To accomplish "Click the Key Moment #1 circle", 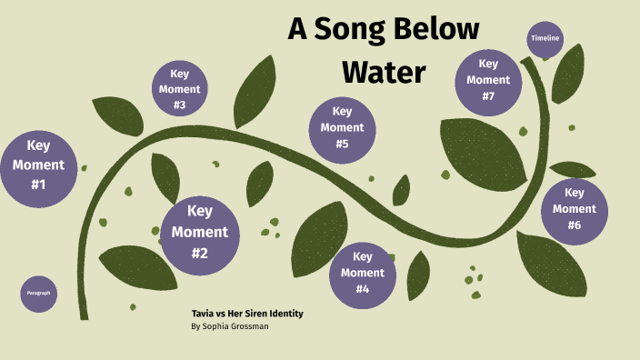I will (38, 170).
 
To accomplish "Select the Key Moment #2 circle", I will (200, 232).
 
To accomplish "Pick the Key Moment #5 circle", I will (342, 128).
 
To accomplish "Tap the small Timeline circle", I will (545, 38).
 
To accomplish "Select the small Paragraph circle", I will (38, 293).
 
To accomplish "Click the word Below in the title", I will (440, 29).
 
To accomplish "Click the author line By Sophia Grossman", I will (230, 326).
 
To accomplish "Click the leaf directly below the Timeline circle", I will (569, 73).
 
